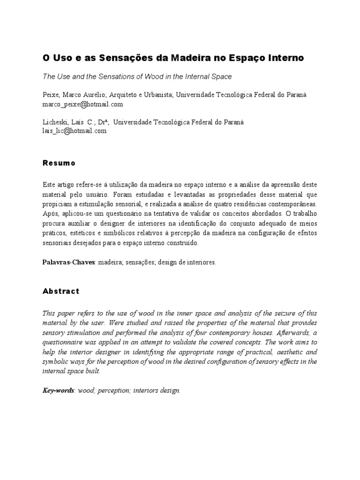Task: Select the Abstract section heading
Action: tap(61, 291)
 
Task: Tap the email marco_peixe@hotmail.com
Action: tap(82, 104)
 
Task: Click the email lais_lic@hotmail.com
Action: tap(75, 131)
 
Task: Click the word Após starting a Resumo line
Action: tap(50, 214)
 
